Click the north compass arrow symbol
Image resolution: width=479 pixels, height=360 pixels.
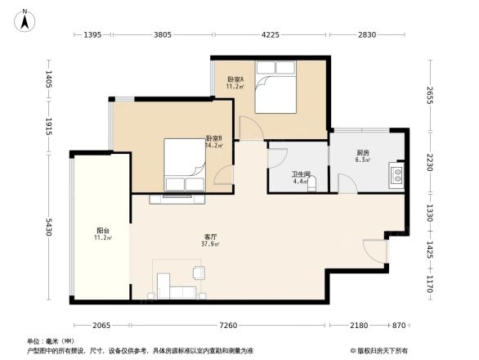pos(25,19)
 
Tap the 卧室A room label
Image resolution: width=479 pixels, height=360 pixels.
pos(235,79)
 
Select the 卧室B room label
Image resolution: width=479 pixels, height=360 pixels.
pos(214,138)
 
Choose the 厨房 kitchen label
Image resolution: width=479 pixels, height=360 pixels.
pos(362,152)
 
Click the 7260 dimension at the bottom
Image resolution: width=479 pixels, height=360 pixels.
pos(228,326)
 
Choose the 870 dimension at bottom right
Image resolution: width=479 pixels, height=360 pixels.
pos(400,326)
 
